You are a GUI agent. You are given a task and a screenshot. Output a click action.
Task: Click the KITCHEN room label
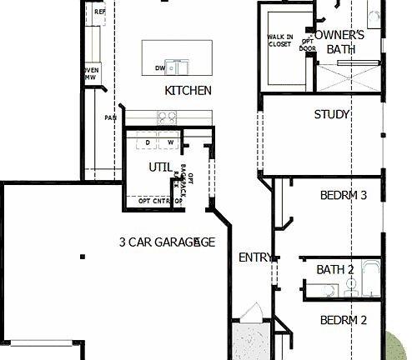(188, 90)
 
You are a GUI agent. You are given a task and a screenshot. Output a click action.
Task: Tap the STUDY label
(331, 114)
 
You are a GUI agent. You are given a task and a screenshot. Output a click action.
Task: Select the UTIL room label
(160, 167)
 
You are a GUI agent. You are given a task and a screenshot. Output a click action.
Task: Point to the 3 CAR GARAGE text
(167, 242)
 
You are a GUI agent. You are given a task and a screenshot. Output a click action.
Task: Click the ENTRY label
(254, 257)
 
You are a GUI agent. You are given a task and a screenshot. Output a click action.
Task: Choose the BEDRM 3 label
(344, 196)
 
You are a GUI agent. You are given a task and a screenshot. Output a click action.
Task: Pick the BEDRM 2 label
(344, 320)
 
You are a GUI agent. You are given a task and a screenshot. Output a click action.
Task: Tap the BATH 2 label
(335, 269)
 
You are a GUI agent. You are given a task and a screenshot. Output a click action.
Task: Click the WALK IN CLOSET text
(279, 40)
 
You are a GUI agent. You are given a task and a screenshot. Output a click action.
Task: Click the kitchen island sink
(177, 66)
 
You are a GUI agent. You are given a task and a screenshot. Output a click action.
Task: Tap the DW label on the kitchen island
(159, 68)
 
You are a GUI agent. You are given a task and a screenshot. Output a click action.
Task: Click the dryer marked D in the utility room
(148, 142)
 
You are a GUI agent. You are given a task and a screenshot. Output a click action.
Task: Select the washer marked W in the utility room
(169, 142)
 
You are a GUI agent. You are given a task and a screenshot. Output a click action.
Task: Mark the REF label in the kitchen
(99, 12)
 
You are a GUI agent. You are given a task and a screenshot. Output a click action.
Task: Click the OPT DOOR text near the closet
(308, 44)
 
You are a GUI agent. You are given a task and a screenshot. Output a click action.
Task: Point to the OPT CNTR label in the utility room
(154, 201)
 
